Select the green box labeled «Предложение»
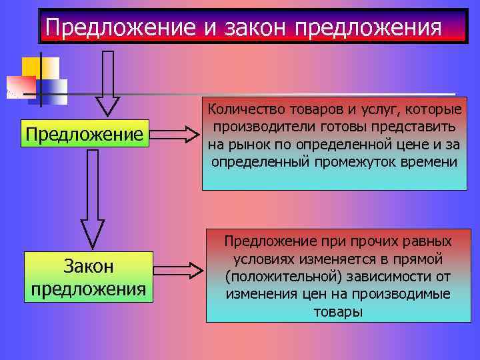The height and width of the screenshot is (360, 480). (85, 133)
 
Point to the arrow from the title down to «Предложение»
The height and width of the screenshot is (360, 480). (107, 83)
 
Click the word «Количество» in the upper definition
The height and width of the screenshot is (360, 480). (243, 109)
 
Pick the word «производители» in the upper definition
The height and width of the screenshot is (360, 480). (259, 127)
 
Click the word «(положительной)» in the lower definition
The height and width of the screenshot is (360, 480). (272, 276)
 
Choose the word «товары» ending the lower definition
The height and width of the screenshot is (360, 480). (338, 311)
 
